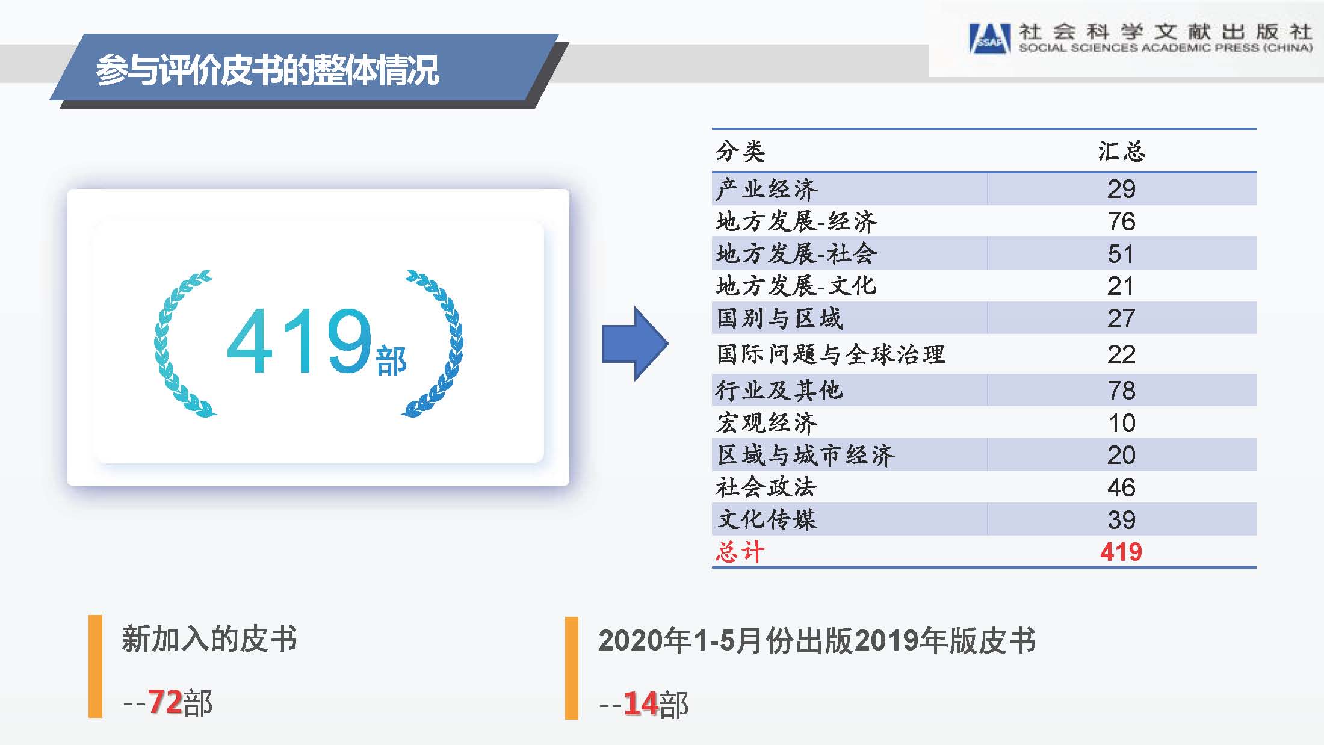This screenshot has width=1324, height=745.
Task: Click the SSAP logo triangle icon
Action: (x=989, y=39)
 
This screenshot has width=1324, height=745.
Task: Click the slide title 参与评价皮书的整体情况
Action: (x=267, y=70)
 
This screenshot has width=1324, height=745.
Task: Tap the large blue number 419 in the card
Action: (x=299, y=341)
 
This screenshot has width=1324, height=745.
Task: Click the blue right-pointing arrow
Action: (x=635, y=344)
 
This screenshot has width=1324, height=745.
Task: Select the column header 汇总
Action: (x=1121, y=151)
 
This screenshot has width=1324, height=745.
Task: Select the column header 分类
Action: (x=740, y=151)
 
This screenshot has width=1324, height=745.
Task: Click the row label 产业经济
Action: (x=767, y=190)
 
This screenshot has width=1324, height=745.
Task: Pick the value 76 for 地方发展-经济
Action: (x=1121, y=221)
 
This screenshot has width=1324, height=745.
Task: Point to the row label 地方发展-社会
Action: (x=796, y=253)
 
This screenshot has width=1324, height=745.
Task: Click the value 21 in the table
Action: (x=1121, y=286)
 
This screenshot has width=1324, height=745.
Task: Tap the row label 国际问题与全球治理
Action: (x=831, y=354)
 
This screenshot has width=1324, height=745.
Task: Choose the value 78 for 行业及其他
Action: (x=1121, y=391)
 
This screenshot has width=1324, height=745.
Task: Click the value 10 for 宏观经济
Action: (x=1122, y=423)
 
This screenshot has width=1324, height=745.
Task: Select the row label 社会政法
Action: (x=766, y=487)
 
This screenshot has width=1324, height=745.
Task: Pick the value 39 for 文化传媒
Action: (x=1121, y=520)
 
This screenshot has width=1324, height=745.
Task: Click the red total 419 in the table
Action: (x=1121, y=552)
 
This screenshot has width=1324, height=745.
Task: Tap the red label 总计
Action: (x=740, y=552)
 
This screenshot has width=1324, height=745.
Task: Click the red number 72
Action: (x=165, y=702)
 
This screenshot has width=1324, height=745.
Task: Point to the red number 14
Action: (x=640, y=703)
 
